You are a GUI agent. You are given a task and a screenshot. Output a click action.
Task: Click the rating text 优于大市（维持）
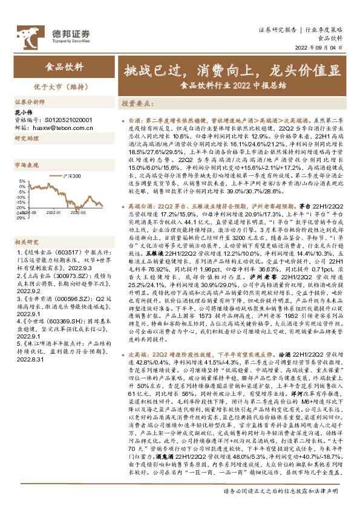(65, 86)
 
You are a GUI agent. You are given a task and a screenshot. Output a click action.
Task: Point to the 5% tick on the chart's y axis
(22, 180)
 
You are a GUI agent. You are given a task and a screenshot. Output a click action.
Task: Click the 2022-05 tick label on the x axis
(78, 212)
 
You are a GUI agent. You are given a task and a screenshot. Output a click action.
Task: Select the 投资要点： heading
(138, 103)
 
